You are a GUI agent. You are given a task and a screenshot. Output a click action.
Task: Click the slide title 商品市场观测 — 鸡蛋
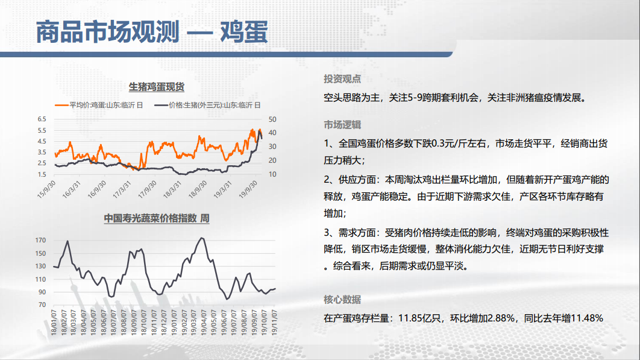coord(152,32)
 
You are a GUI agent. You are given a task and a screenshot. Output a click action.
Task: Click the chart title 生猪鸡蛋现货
coord(156,87)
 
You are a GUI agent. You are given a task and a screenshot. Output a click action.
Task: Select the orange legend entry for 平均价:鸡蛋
coord(99,105)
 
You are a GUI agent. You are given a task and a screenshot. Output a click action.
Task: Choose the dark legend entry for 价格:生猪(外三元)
coord(207,105)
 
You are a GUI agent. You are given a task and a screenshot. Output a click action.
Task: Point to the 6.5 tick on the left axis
coord(42,119)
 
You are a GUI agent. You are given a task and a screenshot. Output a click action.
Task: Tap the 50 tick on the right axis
coord(272,119)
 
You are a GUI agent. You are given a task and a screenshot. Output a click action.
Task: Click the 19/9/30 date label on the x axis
coord(248,189)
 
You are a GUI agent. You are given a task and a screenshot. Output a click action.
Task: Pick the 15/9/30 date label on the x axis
coord(46,189)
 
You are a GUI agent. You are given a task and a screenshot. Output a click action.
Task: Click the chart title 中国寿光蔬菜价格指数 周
coord(157,218)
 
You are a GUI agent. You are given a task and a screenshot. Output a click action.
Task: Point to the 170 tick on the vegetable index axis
coord(40,240)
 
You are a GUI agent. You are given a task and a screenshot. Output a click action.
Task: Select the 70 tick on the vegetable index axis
coord(42,305)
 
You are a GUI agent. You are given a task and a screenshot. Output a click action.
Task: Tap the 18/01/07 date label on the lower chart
coord(54,323)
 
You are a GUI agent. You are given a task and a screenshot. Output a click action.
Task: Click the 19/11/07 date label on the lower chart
coord(274,323)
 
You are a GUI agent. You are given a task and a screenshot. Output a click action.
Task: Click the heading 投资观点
coord(342,79)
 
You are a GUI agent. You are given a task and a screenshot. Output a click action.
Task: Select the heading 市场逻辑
coord(342,125)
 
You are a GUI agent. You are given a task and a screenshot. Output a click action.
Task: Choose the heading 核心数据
coord(342,300)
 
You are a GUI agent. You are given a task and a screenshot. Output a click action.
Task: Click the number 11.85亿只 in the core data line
coord(420,318)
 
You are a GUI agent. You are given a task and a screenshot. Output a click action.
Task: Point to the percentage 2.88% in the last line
coord(501,318)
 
